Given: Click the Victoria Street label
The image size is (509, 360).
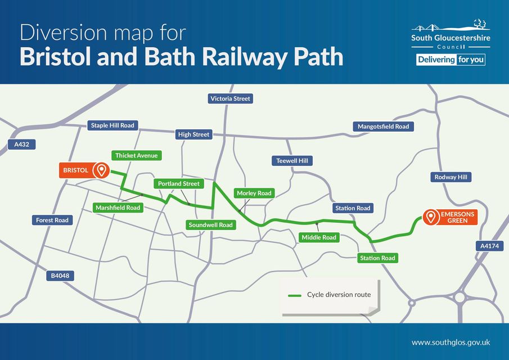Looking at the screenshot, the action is click(x=230, y=98).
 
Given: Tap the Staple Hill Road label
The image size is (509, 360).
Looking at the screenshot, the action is click(x=112, y=125).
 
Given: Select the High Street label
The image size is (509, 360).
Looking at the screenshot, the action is click(x=193, y=134).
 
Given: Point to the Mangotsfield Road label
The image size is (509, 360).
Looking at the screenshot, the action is click(x=383, y=127).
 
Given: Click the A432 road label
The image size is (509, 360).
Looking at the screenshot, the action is click(x=21, y=145).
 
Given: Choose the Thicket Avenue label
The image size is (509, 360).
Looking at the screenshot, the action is click(x=137, y=155).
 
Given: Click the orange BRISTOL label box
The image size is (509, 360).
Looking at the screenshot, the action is click(x=75, y=169).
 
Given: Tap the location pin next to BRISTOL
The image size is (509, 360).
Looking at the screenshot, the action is click(x=101, y=169).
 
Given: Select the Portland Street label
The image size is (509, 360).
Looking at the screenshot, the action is click(x=179, y=183).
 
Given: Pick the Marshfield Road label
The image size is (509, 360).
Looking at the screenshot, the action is click(x=118, y=208).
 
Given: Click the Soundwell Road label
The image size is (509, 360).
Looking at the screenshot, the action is click(x=210, y=225).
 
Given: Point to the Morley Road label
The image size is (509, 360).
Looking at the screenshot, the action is click(x=254, y=193).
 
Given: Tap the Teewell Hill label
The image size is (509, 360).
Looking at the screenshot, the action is click(x=292, y=161).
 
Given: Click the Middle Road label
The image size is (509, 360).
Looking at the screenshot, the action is click(x=319, y=237).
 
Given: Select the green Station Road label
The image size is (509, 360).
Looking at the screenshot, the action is click(x=378, y=258).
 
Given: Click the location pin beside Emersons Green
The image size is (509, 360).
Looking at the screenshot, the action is click(x=431, y=217).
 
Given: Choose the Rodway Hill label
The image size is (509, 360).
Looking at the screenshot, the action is click(x=451, y=177).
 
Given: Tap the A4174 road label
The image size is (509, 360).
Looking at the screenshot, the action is click(x=490, y=246).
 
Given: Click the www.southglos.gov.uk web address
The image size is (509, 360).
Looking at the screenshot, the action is click(x=451, y=342).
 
